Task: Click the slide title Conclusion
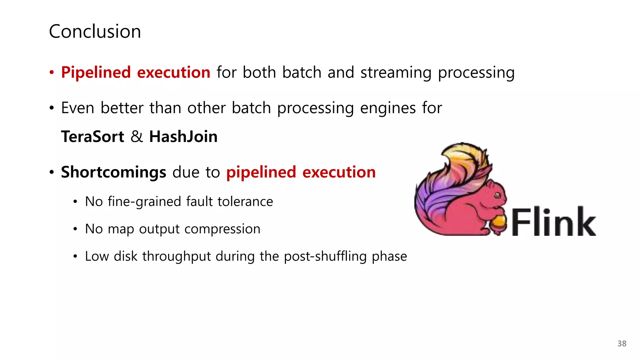pyautogui.click(x=95, y=32)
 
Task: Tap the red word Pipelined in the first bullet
pyautogui.click(x=96, y=72)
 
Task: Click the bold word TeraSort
pyautogui.click(x=92, y=137)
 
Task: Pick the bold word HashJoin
pyautogui.click(x=183, y=137)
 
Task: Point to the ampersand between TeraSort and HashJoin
pyautogui.click(x=137, y=137)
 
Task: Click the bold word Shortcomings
pyautogui.click(x=113, y=172)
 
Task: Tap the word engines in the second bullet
pyautogui.click(x=388, y=108)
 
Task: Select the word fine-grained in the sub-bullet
pyautogui.click(x=144, y=202)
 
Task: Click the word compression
pyautogui.click(x=222, y=229)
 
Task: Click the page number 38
pyautogui.click(x=622, y=344)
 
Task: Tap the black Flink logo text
pyautogui.click(x=553, y=222)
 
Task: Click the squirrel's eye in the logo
pyautogui.click(x=497, y=196)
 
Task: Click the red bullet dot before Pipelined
pyautogui.click(x=52, y=73)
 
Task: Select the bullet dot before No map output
pyautogui.click(x=75, y=229)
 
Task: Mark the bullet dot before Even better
pyautogui.click(x=52, y=108)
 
